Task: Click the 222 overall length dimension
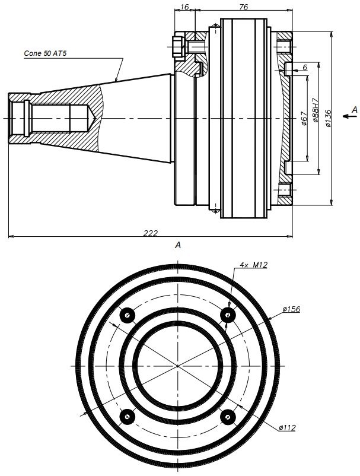tap(151, 233)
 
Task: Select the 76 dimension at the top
tap(243, 6)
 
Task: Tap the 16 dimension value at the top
tap(184, 6)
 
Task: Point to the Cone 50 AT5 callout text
tap(46, 53)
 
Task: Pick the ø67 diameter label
tap(304, 118)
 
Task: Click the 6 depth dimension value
tap(305, 68)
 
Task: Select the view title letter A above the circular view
tap(177, 245)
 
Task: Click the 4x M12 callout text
tap(253, 265)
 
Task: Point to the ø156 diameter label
tap(291, 309)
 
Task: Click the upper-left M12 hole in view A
tap(126, 315)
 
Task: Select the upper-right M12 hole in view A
tap(228, 315)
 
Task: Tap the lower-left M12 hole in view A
tap(126, 417)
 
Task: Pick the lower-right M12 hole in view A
tap(228, 417)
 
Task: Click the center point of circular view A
tap(177, 366)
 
